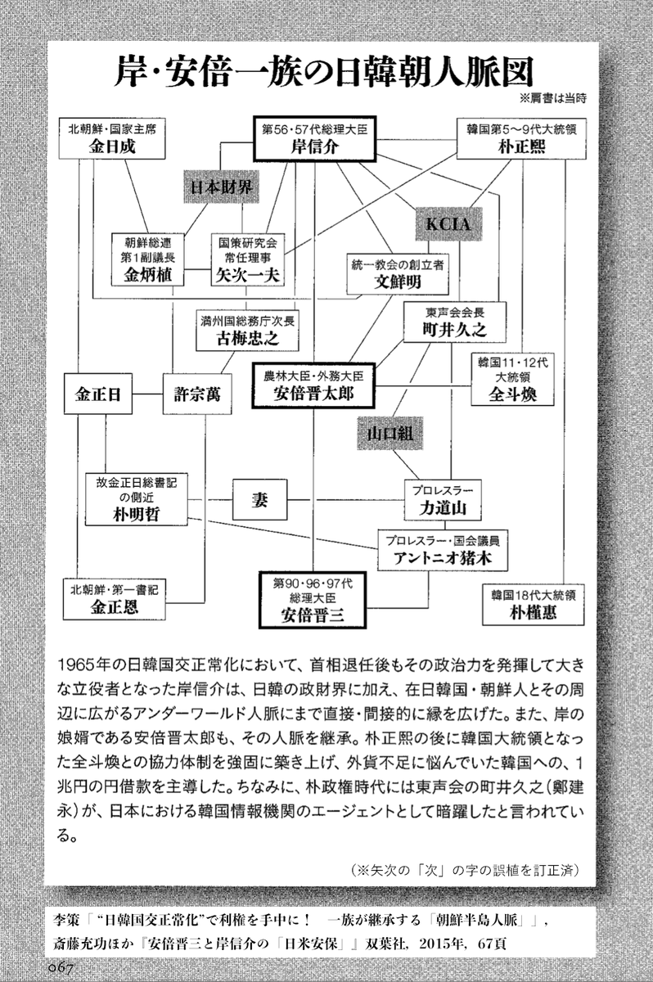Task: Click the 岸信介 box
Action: [x=315, y=139]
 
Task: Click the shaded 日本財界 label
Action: [x=220, y=187]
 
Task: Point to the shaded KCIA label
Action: [x=449, y=224]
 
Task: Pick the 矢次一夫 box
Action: [x=247, y=259]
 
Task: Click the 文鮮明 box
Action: [x=396, y=273]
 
